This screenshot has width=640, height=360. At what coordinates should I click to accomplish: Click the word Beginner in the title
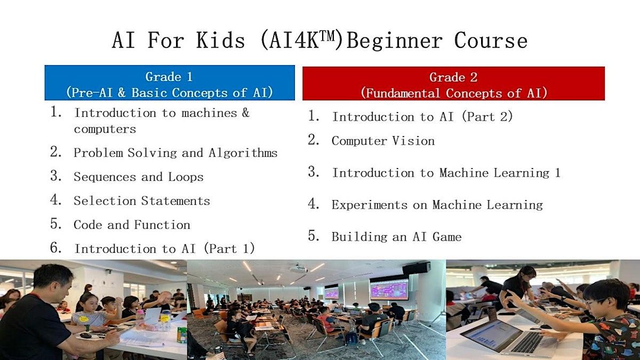(x=394, y=41)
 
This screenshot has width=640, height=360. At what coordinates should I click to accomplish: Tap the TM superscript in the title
(x=326, y=36)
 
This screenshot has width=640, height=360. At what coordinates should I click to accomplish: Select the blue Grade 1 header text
(x=169, y=77)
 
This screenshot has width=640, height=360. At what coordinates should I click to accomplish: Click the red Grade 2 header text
(x=453, y=77)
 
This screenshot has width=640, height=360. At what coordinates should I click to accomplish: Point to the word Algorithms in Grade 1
(x=243, y=153)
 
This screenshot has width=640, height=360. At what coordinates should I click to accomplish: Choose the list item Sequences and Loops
(x=139, y=177)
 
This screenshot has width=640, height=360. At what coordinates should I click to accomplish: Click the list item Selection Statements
(x=142, y=201)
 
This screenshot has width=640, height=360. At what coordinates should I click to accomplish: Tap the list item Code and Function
(x=132, y=225)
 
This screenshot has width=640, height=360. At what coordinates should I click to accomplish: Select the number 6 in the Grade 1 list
(x=55, y=247)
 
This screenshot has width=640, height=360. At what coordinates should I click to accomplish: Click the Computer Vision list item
(x=383, y=141)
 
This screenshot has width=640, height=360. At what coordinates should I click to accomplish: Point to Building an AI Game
(x=397, y=237)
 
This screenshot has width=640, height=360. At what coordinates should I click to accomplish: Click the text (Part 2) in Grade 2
(x=487, y=117)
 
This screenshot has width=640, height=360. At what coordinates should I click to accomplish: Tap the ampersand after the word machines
(x=246, y=113)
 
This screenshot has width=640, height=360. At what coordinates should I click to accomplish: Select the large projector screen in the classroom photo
(x=389, y=289)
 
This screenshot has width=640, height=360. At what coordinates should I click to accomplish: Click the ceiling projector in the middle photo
(x=298, y=269)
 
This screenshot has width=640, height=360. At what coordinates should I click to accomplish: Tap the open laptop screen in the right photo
(x=491, y=335)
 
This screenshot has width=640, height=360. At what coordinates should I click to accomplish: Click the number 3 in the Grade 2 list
(x=314, y=172)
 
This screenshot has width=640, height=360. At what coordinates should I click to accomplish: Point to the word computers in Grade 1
(x=105, y=130)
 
